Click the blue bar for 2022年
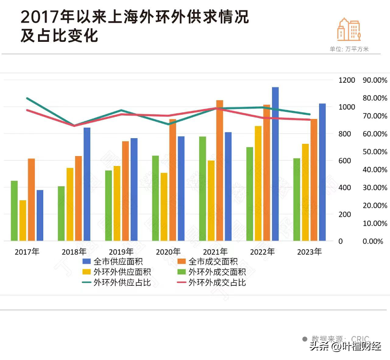[x=275, y=164]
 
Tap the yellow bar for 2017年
[x=23, y=220]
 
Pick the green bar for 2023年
[x=296, y=200]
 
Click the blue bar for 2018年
[x=87, y=184]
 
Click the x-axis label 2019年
[x=121, y=251]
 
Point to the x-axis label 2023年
[x=309, y=251]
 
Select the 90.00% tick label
[x=375, y=80]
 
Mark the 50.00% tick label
[x=375, y=152]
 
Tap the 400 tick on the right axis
[x=344, y=188]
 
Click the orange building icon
[x=348, y=30]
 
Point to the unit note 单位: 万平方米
[x=349, y=49]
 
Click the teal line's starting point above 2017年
[x=27, y=98]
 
